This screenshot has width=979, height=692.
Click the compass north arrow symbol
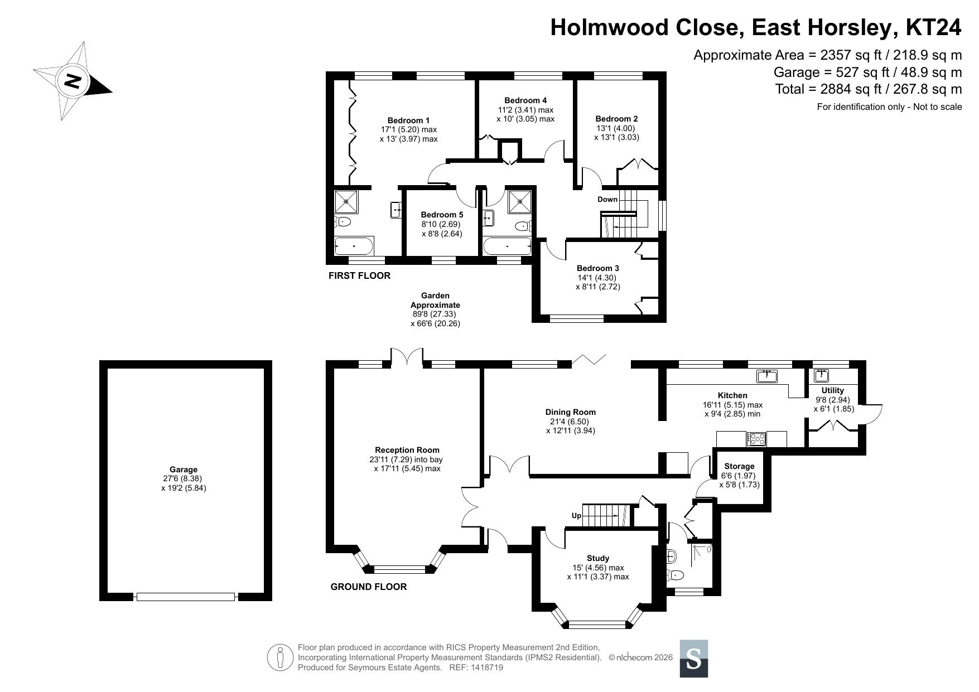click(73, 81)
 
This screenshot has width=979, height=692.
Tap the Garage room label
click(184, 470)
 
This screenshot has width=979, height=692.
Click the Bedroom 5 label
click(442, 215)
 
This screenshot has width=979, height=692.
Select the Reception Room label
click(407, 450)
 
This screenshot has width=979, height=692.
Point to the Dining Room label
click(567, 412)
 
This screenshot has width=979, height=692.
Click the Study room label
click(598, 558)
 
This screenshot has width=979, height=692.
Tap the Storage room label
click(739, 466)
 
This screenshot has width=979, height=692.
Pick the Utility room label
click(833, 390)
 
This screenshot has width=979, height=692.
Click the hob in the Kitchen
click(757, 439)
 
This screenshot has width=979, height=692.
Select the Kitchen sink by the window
click(768, 376)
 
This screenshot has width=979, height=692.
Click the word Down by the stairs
click(607, 199)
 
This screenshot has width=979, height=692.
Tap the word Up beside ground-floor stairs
click(576, 515)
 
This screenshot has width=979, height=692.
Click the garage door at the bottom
click(186, 597)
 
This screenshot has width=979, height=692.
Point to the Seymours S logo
click(694, 659)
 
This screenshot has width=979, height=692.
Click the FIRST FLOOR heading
click(359, 275)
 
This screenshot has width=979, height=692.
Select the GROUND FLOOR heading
click(369, 587)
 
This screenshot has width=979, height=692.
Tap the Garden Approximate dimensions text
click(435, 309)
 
